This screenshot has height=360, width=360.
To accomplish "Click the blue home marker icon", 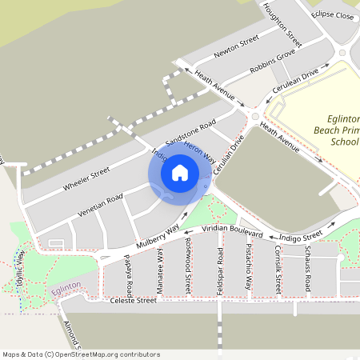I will [180, 172].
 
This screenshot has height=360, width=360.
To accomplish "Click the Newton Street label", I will [236, 46].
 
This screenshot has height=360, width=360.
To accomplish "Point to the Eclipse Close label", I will [333, 15].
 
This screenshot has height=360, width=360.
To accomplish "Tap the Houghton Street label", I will [282, 22].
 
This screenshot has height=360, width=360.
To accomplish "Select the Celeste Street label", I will [133, 301].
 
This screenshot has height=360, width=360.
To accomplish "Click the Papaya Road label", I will [128, 274].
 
